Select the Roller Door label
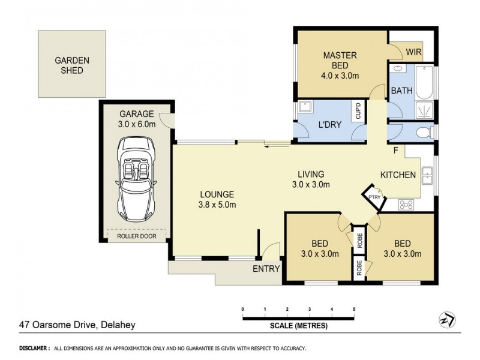tap(136, 237)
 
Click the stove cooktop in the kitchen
tap(407, 205)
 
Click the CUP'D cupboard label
tap(358, 112)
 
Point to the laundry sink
tap(304, 107)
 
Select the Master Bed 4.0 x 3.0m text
tap(340, 65)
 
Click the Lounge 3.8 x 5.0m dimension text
tap(217, 199)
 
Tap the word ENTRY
tap(266, 268)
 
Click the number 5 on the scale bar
tap(354, 310)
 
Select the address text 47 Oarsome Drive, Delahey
tap(77, 325)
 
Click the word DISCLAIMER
tap(34, 348)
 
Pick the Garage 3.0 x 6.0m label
tap(137, 119)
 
